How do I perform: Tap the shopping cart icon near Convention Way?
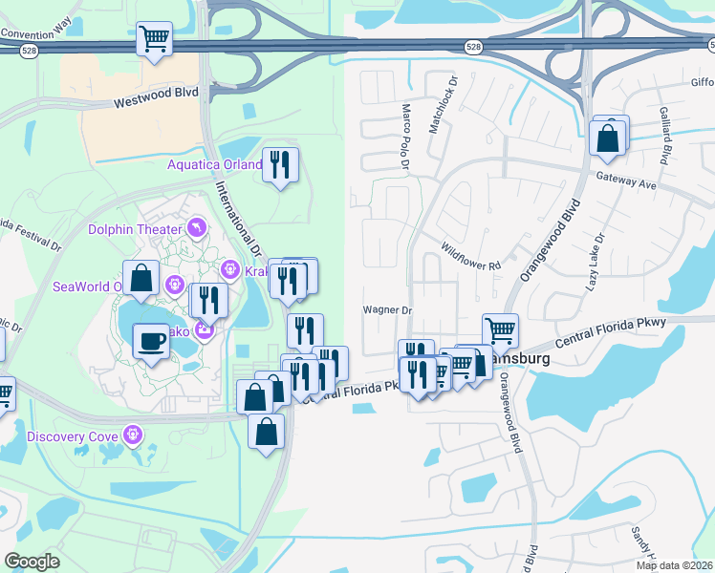coord(154,39)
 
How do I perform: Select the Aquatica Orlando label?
coord(214,164)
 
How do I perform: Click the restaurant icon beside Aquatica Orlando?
coord(280,165)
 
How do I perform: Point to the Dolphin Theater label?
coord(135,229)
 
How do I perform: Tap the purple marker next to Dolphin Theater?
coord(196,226)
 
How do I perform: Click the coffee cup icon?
coord(150,341)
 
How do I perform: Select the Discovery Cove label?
coord(73,437)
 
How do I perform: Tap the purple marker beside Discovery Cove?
coord(133,436)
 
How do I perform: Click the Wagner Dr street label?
coord(386,310)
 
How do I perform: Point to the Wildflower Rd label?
coord(470,255)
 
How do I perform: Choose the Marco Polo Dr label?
coord(405,138)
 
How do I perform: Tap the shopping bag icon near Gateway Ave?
coord(609,138)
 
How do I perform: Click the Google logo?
coord(32,562)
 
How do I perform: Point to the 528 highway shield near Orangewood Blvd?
coord(474,46)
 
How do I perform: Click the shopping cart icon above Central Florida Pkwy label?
coord(500,331)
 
